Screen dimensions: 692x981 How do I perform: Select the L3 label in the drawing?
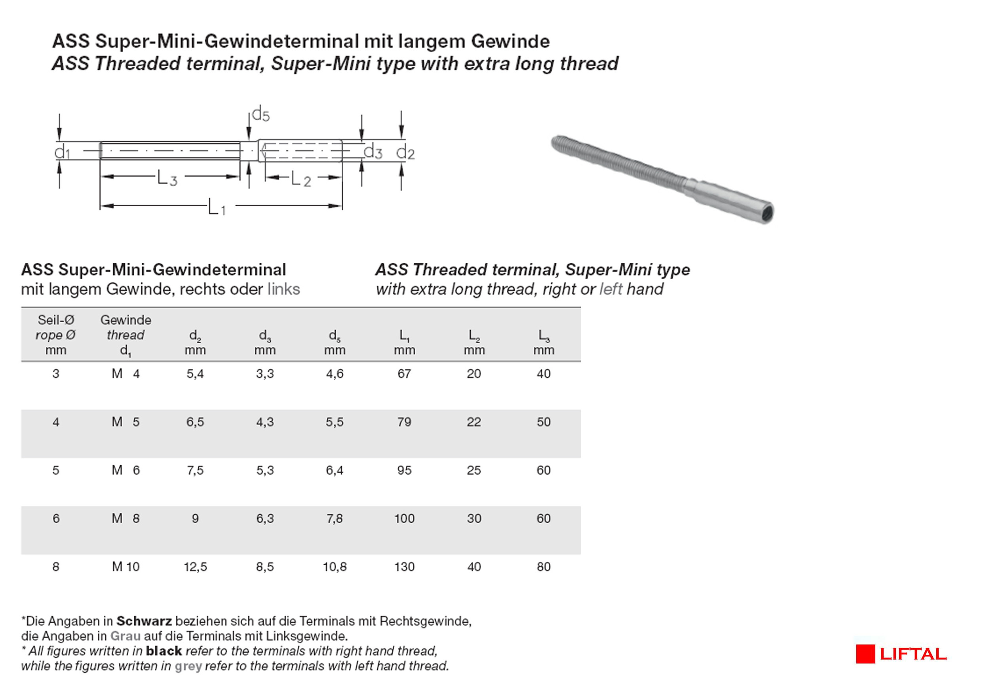pos(167,178)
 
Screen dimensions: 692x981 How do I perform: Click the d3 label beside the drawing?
pos(373,152)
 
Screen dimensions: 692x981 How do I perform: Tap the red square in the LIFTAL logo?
pos(865,654)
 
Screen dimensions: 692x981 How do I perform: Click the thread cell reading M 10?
pos(125,567)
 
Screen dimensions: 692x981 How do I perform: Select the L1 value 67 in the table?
pos(404,374)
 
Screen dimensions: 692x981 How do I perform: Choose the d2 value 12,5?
pos(195,567)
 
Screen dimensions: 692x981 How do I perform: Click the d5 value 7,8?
pos(335,519)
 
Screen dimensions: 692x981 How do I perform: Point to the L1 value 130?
pos(404,567)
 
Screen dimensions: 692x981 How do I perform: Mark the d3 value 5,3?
pos(265,470)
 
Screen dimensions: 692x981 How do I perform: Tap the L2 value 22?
pos(474,422)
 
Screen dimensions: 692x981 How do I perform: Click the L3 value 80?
pos(544,567)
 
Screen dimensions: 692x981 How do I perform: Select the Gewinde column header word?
pos(125,320)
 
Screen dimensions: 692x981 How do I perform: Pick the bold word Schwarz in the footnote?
pos(144,621)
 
